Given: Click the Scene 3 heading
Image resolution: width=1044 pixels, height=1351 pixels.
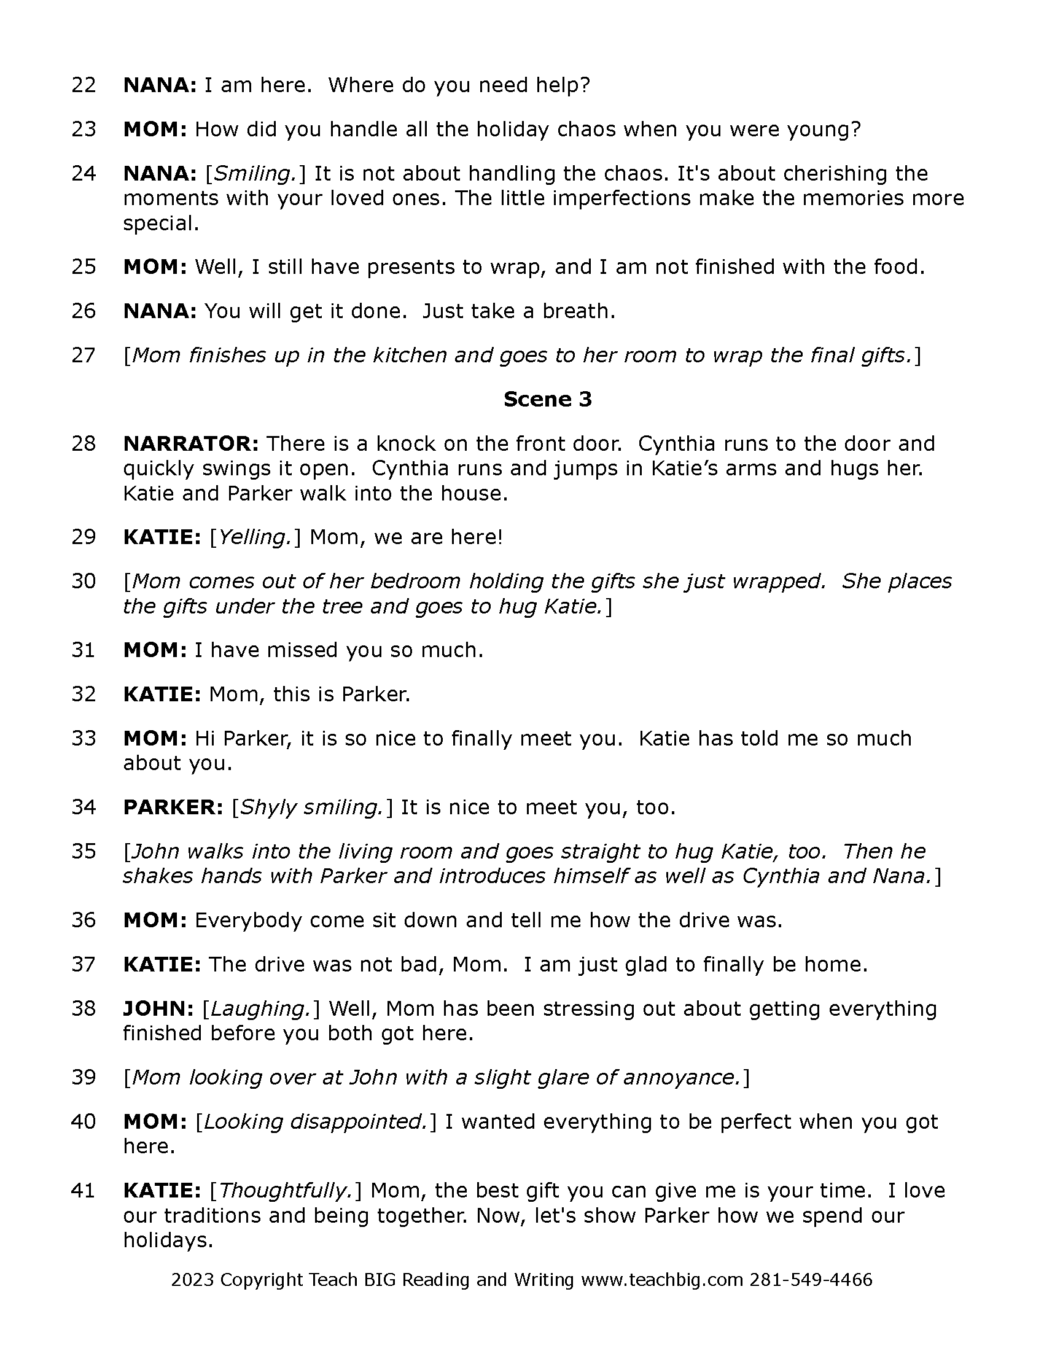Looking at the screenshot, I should click(547, 400).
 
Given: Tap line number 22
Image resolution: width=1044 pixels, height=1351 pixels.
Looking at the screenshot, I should click(84, 85).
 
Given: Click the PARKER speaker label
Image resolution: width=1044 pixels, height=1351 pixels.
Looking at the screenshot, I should click(173, 808).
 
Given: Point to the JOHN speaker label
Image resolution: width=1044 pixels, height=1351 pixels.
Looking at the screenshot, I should click(159, 1009).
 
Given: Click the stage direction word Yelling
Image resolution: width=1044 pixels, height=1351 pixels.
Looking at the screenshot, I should click(255, 537).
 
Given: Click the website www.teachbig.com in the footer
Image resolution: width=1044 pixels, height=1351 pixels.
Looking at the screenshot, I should click(663, 1279).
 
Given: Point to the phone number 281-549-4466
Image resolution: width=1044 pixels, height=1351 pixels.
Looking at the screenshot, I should click(811, 1279).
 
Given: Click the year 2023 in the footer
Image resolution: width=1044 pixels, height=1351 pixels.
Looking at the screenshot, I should click(192, 1279).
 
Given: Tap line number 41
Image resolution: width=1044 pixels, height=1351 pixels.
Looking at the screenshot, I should click(84, 1190).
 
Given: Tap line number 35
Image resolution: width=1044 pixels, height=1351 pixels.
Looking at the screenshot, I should click(84, 852).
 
